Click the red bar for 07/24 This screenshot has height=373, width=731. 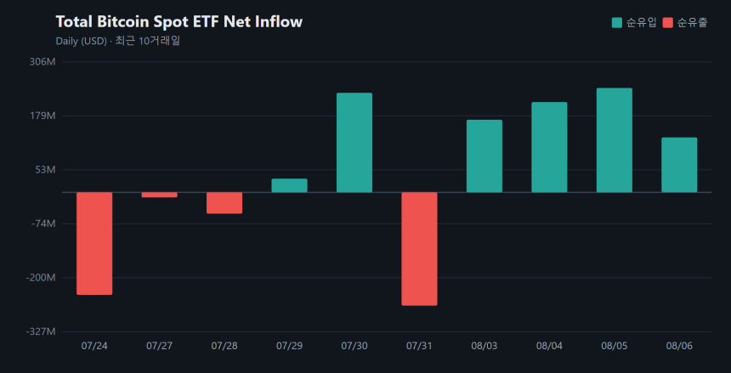[x=94, y=243]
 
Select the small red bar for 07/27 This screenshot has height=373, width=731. [x=160, y=195]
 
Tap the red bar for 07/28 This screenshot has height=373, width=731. [x=224, y=203]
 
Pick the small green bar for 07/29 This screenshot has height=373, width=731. [x=290, y=185]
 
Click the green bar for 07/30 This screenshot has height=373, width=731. [x=354, y=143]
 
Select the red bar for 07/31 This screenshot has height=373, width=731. [x=420, y=249]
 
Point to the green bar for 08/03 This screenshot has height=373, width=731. [x=484, y=156]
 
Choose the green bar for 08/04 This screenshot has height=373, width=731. [x=550, y=147]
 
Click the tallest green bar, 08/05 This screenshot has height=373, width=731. [x=615, y=140]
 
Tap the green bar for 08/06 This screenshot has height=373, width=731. [x=679, y=165]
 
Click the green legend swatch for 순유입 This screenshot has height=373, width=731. [x=617, y=22]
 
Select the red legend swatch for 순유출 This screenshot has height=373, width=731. [x=668, y=22]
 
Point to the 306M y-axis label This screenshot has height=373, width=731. [x=42, y=61]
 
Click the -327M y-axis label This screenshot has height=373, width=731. [x=42, y=331]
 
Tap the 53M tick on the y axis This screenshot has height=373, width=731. [x=46, y=170]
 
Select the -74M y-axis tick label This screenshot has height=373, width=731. [x=42, y=223]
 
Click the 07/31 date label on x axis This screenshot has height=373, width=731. [x=419, y=346]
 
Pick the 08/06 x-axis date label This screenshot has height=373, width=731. [x=679, y=346]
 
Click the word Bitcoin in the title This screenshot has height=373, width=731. [x=123, y=21]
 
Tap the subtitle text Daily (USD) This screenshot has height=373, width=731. [x=82, y=41]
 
